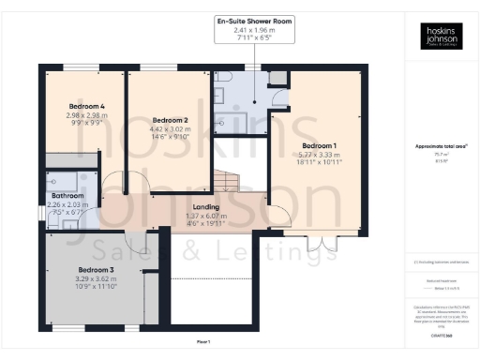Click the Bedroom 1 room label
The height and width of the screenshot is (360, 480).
click(x=318, y=146)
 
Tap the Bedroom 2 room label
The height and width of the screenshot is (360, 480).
click(x=171, y=120)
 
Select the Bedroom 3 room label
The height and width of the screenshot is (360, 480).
click(x=96, y=270)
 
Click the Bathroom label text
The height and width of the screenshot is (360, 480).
click(x=67, y=196)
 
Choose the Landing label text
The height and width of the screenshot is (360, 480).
click(x=205, y=206)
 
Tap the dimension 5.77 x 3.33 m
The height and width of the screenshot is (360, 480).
click(x=318, y=155)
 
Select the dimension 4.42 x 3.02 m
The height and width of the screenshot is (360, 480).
click(x=171, y=128)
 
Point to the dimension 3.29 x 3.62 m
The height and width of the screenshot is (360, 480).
click(x=96, y=278)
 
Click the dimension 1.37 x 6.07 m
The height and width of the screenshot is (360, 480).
click(x=205, y=215)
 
